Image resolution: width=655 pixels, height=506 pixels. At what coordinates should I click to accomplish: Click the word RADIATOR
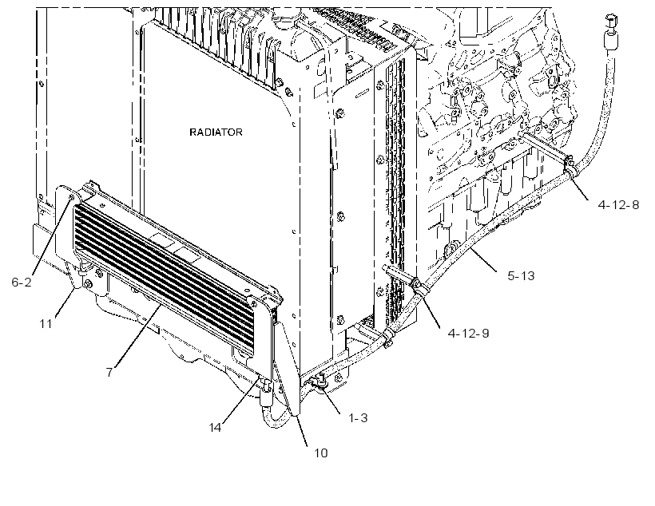click(x=216, y=132)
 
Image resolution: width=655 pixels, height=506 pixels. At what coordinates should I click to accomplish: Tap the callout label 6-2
click(x=22, y=283)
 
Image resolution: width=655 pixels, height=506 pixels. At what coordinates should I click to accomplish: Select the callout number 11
click(x=46, y=323)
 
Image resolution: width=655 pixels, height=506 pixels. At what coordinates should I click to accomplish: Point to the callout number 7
click(x=109, y=372)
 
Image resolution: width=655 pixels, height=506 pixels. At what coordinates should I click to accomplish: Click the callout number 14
click(x=215, y=428)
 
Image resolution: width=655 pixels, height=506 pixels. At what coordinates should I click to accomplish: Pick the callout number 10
click(x=321, y=453)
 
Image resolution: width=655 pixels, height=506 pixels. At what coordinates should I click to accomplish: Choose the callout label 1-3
click(x=358, y=417)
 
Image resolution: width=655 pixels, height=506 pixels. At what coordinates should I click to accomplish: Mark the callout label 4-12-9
click(x=468, y=333)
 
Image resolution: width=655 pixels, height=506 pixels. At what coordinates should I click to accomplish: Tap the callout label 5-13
click(x=521, y=276)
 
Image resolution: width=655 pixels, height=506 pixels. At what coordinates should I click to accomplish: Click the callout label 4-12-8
click(x=619, y=204)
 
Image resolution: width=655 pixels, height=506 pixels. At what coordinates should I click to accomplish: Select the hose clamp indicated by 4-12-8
click(x=569, y=166)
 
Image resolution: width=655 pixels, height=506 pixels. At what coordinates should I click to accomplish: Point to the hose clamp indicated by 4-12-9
click(x=417, y=287)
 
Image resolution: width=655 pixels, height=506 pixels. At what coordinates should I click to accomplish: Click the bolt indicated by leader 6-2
click(x=72, y=196)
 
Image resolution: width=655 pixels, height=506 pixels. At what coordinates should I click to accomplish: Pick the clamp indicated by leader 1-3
click(x=321, y=381)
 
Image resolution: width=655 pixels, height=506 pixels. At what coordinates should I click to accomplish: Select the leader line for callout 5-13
click(x=483, y=260)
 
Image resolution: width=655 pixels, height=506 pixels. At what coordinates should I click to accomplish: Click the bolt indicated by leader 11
click(x=88, y=285)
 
